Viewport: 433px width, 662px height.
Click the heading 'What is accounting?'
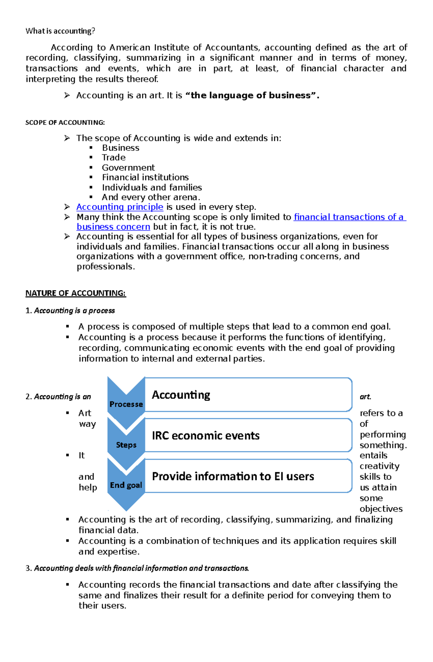pos(60,31)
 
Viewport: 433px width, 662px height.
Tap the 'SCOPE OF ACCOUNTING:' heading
pos(65,123)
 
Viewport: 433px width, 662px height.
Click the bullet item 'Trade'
pos(114,158)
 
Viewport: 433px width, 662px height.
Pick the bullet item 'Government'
pos(128,168)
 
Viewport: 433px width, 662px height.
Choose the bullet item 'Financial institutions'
pos(145,177)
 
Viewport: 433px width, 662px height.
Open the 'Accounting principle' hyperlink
pos(120,207)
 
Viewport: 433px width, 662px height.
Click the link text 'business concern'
pos(113,227)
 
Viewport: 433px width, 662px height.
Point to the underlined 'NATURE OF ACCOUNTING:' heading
pos(75,293)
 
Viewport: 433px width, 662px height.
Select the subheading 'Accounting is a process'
pos(74,311)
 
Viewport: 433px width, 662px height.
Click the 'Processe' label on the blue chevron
pos(126,404)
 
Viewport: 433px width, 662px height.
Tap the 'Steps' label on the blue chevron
pos(126,445)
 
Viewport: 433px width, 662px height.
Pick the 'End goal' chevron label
pos(126,485)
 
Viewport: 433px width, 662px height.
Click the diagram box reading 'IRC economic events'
pos(206,436)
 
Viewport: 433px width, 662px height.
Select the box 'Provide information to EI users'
pos(233,477)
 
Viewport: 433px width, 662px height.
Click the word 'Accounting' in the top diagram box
pos(181,395)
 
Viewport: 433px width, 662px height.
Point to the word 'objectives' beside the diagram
pos(381,509)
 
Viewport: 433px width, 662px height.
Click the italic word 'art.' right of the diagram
pos(365,397)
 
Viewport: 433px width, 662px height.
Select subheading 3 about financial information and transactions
pos(141,569)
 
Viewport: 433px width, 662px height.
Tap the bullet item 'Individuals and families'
pos(152,188)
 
